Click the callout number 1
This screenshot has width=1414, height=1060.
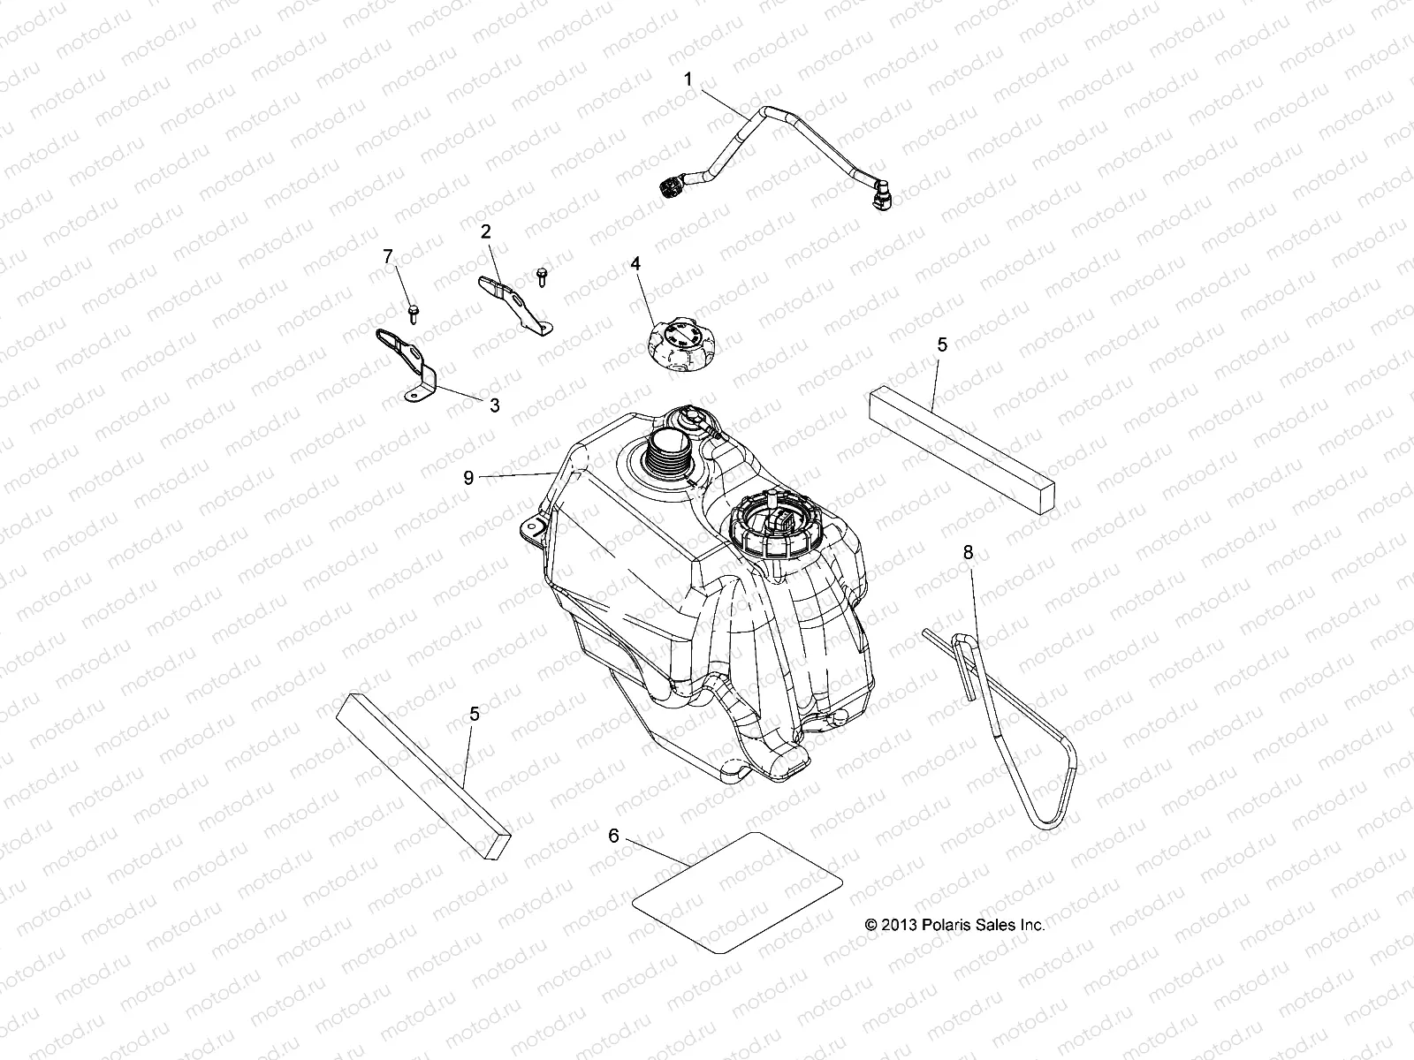tap(688, 79)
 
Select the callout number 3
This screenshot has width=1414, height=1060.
tap(495, 405)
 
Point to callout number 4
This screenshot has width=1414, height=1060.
tap(635, 263)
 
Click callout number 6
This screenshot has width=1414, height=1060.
tap(614, 835)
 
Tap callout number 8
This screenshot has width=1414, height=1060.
tap(968, 552)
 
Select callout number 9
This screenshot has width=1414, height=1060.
tap(468, 478)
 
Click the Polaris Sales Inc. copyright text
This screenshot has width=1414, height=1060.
tap(954, 925)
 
